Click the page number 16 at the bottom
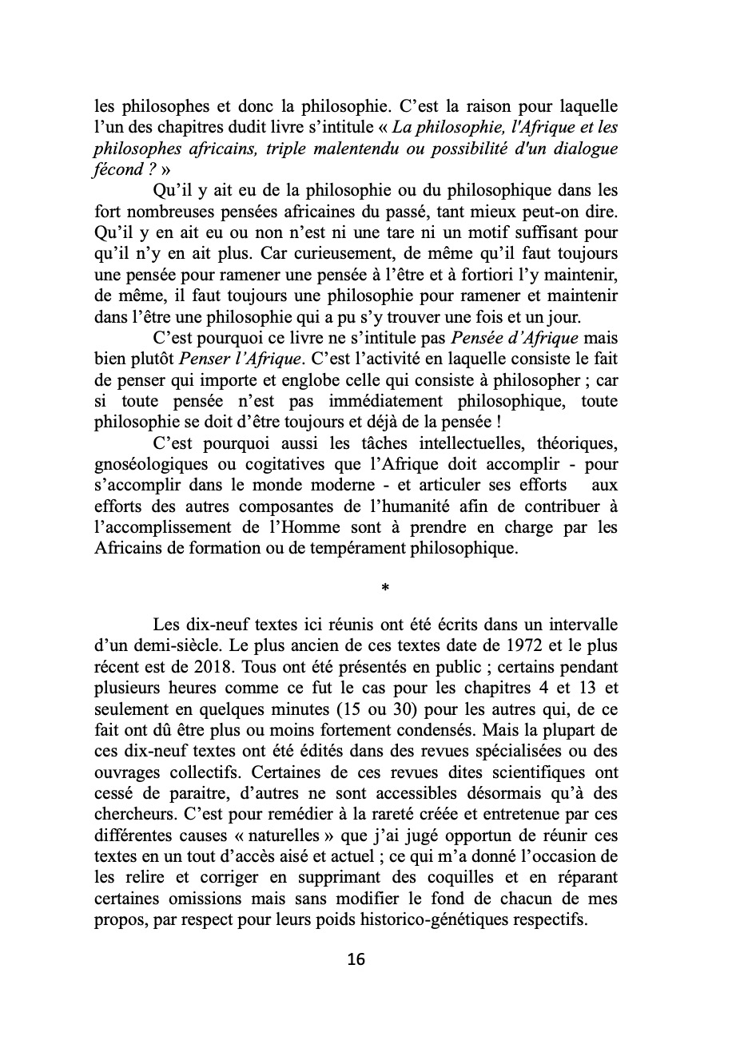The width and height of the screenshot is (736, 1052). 356,959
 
